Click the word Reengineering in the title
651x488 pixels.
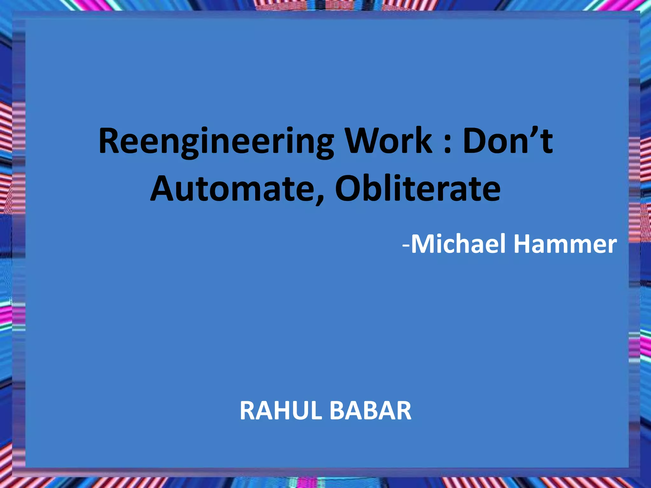click(x=216, y=141)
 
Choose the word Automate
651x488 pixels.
click(x=237, y=189)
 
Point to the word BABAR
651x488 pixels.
click(x=371, y=411)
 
